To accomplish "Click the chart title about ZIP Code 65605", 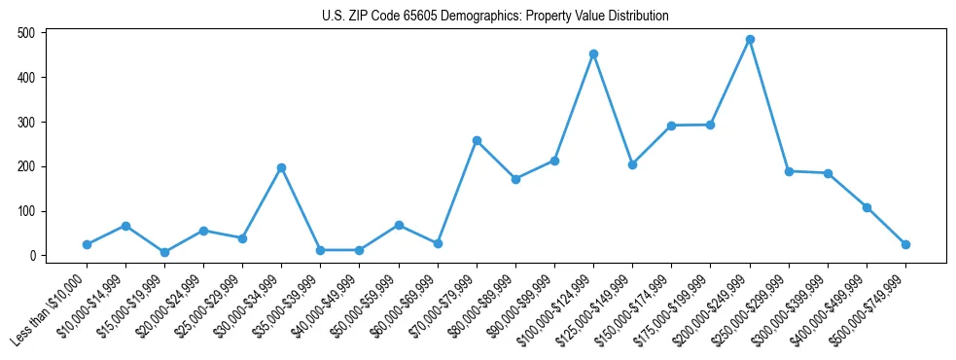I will point(495,17).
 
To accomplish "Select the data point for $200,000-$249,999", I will point(750,40).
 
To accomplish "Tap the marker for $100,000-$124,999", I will point(593,54).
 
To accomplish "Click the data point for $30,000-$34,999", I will point(281,167).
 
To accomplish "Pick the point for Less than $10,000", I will point(87,244).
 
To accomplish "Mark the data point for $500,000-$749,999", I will point(905,244).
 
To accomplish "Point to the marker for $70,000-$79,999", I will point(477,140).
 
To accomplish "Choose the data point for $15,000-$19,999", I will point(164,252).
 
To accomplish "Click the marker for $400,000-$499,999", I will point(867,207).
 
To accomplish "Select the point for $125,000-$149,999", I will point(632,164).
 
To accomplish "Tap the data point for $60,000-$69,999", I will point(438,243).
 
